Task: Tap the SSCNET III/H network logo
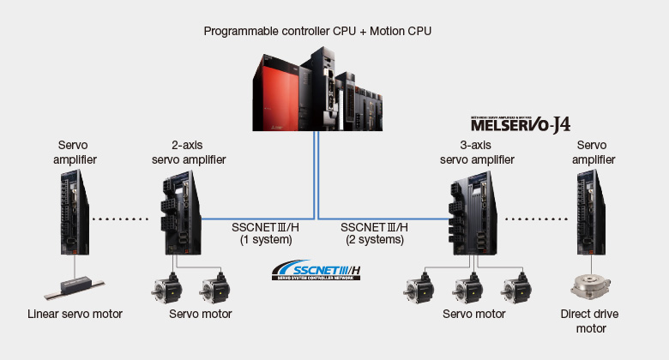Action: coord(316,269)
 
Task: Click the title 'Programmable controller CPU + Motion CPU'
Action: coord(317,31)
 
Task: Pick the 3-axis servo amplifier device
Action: coord(475,215)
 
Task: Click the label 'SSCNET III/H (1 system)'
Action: coord(266,234)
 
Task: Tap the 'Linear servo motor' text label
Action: coord(74,314)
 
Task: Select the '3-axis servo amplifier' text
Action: coord(478,152)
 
